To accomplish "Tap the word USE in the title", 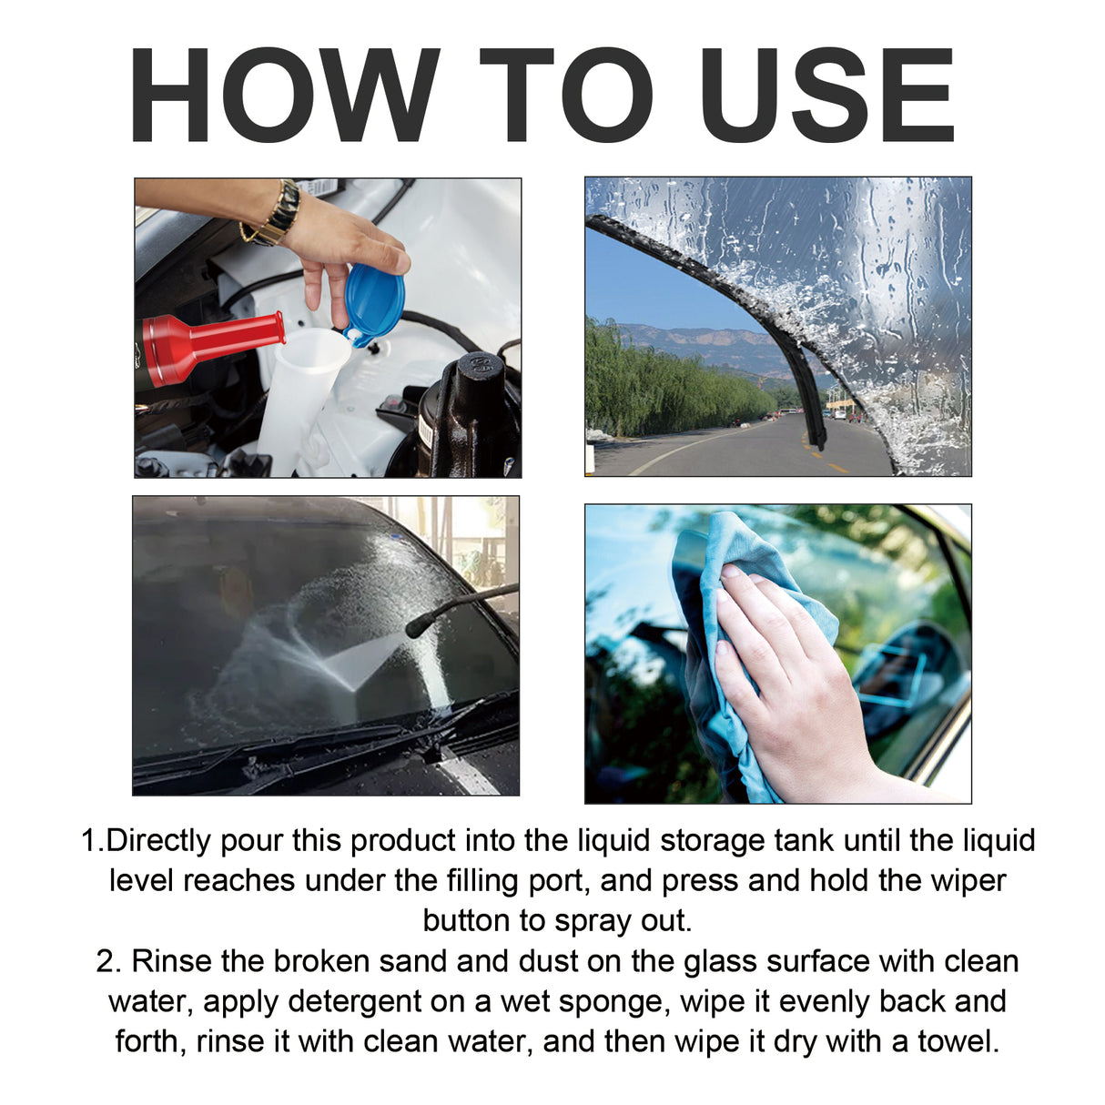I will click(827, 96).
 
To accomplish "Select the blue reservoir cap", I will click(374, 303).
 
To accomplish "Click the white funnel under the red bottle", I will click(305, 382).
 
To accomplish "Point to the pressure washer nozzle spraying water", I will click(419, 626).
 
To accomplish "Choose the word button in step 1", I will click(467, 920).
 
